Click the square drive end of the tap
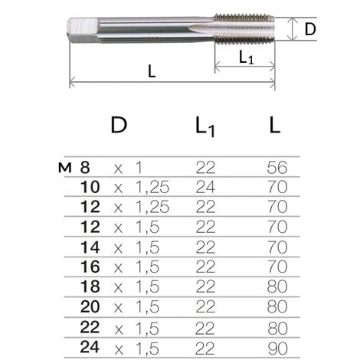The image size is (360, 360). tap(83, 30)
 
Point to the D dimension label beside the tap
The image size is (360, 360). tap(310, 30)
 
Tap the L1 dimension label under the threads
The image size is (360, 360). tap(246, 57)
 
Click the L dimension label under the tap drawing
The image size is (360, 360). tap(152, 71)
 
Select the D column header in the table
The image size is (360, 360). tap(119, 125)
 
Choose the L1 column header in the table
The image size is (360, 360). tap(205, 127)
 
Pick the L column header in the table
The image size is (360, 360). tap(275, 125)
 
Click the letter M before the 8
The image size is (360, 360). tap(64, 168)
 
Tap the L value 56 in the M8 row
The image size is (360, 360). tap(277, 168)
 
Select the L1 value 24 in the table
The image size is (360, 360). tap(205, 187)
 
